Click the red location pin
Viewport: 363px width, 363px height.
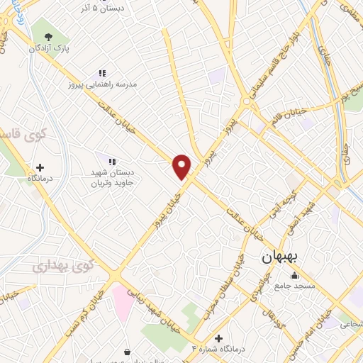pyautogui.click(x=182, y=167)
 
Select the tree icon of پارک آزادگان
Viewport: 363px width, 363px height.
pyautogui.click(x=48, y=37)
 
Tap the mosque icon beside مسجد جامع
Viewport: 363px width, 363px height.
pyautogui.click(x=295, y=276)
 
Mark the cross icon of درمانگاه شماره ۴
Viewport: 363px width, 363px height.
pyautogui.click(x=219, y=338)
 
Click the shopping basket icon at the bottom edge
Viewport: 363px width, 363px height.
pyautogui.click(x=127, y=352)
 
